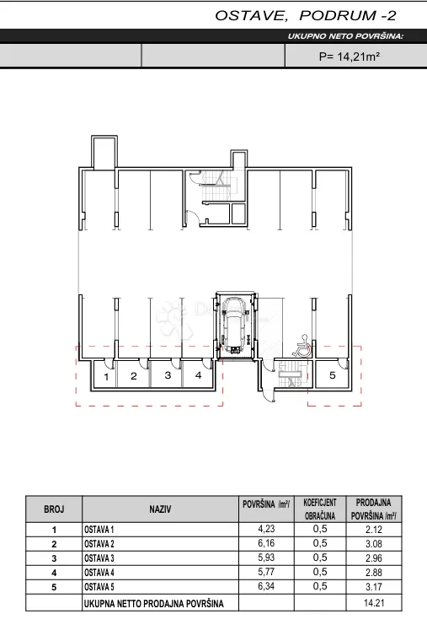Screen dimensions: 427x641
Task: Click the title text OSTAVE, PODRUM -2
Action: pos(306,15)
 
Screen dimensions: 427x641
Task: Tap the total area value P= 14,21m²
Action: pos(350,57)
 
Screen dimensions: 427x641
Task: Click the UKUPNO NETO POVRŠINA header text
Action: pos(345,36)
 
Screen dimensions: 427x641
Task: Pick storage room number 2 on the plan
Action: pos(133,376)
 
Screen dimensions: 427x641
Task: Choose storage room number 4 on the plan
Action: pos(199,375)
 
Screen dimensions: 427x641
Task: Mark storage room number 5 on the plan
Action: pos(333,375)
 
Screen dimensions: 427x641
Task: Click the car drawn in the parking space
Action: pos(235,325)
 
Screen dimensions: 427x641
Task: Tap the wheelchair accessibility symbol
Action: pos(302,346)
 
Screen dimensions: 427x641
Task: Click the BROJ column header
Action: pos(54,509)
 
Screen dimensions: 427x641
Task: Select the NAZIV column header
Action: pos(160,509)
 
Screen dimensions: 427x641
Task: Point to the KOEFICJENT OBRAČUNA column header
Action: pos(320,509)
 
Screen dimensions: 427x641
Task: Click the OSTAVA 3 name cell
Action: pos(99,558)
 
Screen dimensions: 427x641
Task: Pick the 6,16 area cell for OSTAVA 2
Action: pos(266,543)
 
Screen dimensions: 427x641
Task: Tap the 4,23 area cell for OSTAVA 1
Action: pos(266,529)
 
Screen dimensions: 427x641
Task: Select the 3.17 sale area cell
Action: pos(374,587)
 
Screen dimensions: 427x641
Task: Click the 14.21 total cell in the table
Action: pos(374,603)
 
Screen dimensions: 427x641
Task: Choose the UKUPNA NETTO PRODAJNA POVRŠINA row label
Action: pos(154,604)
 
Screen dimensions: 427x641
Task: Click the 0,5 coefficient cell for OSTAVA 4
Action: pos(320,572)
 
